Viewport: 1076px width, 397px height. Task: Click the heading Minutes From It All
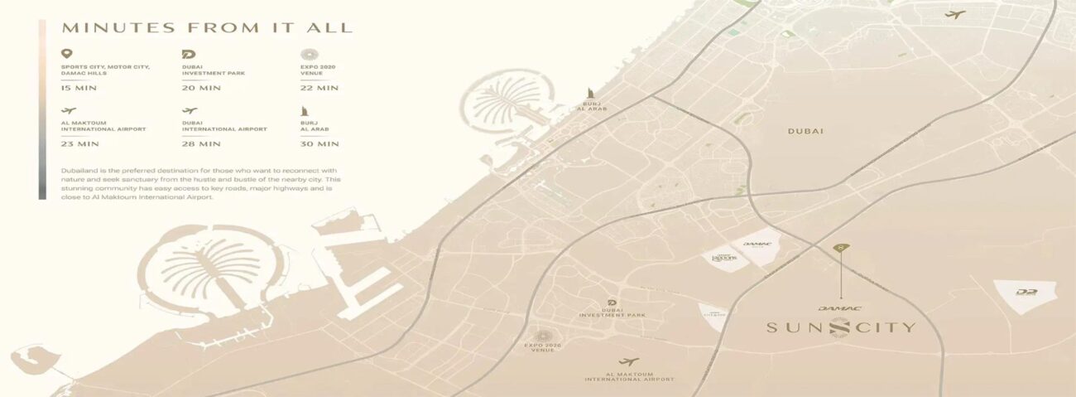click(207, 27)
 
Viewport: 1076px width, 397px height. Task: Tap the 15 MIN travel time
click(78, 88)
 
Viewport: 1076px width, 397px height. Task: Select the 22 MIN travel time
click(319, 88)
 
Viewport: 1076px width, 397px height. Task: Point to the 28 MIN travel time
click(201, 144)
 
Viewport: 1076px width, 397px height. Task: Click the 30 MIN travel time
click(319, 144)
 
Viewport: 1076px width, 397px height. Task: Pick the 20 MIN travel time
click(201, 88)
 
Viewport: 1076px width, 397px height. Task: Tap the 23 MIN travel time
click(80, 144)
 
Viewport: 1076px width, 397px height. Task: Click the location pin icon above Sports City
click(67, 54)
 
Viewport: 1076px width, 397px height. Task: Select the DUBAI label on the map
click(805, 131)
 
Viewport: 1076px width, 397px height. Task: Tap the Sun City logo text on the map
click(840, 327)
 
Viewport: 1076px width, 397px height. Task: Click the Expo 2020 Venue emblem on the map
click(543, 336)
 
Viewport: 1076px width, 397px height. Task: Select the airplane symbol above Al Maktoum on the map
click(629, 362)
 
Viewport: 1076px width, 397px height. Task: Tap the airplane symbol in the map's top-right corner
click(955, 14)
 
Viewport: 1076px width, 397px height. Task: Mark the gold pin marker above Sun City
click(841, 248)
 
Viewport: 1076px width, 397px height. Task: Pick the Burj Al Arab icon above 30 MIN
click(305, 110)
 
